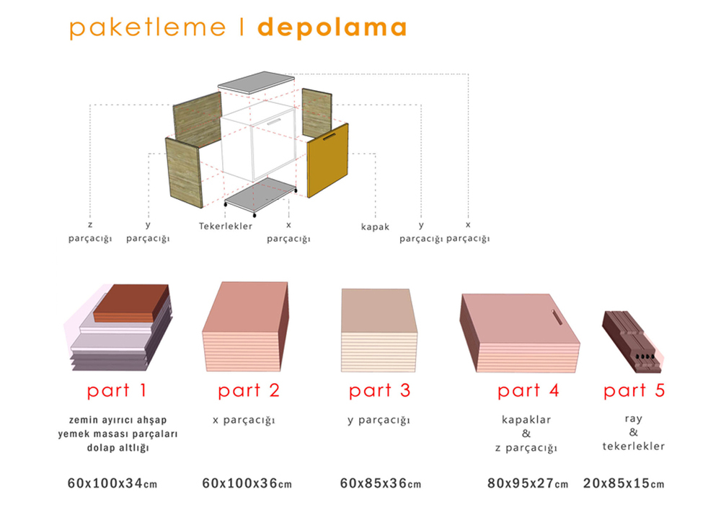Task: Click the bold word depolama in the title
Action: [x=332, y=27]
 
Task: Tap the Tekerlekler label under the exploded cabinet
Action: [x=226, y=226]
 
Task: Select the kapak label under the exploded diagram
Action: [x=375, y=227]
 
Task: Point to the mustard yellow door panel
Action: [x=328, y=160]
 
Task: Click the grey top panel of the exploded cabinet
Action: [x=256, y=83]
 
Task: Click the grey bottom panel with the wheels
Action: [x=260, y=195]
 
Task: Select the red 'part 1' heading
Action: [x=117, y=390]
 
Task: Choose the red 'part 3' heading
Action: [x=379, y=390]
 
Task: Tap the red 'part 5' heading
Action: [x=634, y=390]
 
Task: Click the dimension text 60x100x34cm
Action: [x=112, y=483]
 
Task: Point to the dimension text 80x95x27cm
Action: [x=528, y=483]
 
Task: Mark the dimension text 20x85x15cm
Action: [x=624, y=483]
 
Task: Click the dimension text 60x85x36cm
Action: [x=381, y=483]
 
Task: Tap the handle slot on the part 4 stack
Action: [x=557, y=317]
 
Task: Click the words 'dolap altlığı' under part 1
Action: [x=118, y=447]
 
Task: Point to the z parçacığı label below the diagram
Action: [x=90, y=232]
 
